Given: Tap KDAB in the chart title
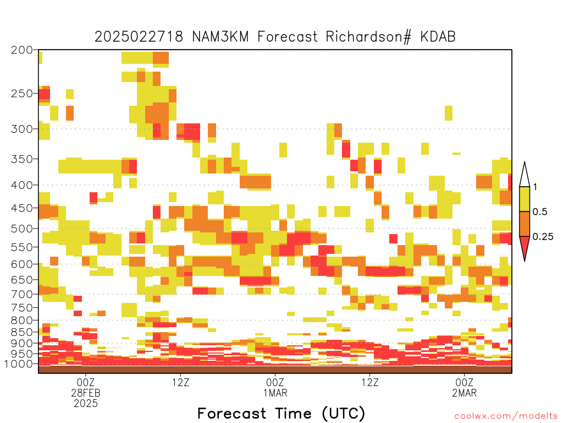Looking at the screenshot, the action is (x=438, y=37).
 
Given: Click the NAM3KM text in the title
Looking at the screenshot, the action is (x=220, y=37).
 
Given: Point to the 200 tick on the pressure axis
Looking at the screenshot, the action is (x=22, y=50).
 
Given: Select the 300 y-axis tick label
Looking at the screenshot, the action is (x=22, y=129).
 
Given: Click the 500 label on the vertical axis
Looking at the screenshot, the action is (x=22, y=229).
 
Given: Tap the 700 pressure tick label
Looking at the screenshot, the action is (x=22, y=294).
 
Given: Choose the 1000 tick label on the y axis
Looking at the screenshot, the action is (x=19, y=364).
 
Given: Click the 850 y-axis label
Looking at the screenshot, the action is (x=22, y=332).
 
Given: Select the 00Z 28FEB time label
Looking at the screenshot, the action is (x=86, y=388).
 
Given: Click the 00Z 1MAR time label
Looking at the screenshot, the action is (x=275, y=388).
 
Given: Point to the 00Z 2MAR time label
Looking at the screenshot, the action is (x=465, y=388).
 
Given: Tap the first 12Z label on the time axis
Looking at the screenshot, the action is (x=180, y=382).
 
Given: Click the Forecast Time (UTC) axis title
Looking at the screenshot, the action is (x=281, y=413).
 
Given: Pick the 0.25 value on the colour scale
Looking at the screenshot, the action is (x=543, y=237).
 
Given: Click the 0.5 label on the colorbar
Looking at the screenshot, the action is (x=540, y=212).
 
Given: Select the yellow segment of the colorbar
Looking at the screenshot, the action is (x=525, y=199).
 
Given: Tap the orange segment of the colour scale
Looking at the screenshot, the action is (x=525, y=224).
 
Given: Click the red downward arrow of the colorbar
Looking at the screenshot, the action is (x=525, y=247).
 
